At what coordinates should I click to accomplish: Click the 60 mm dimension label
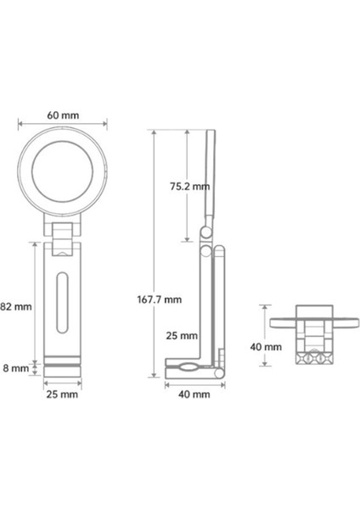[x=63, y=115]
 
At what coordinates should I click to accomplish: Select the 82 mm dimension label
[x=16, y=306]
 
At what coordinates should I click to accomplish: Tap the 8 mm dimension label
[x=16, y=368]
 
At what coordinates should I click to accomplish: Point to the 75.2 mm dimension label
[x=189, y=187]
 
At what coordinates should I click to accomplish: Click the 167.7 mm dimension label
[x=160, y=299]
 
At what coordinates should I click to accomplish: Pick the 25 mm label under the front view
[x=62, y=394]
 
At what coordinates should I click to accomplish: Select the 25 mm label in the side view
[x=182, y=336]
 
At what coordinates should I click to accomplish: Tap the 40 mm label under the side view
[x=194, y=394]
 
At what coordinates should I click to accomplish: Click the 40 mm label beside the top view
[x=266, y=347]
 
